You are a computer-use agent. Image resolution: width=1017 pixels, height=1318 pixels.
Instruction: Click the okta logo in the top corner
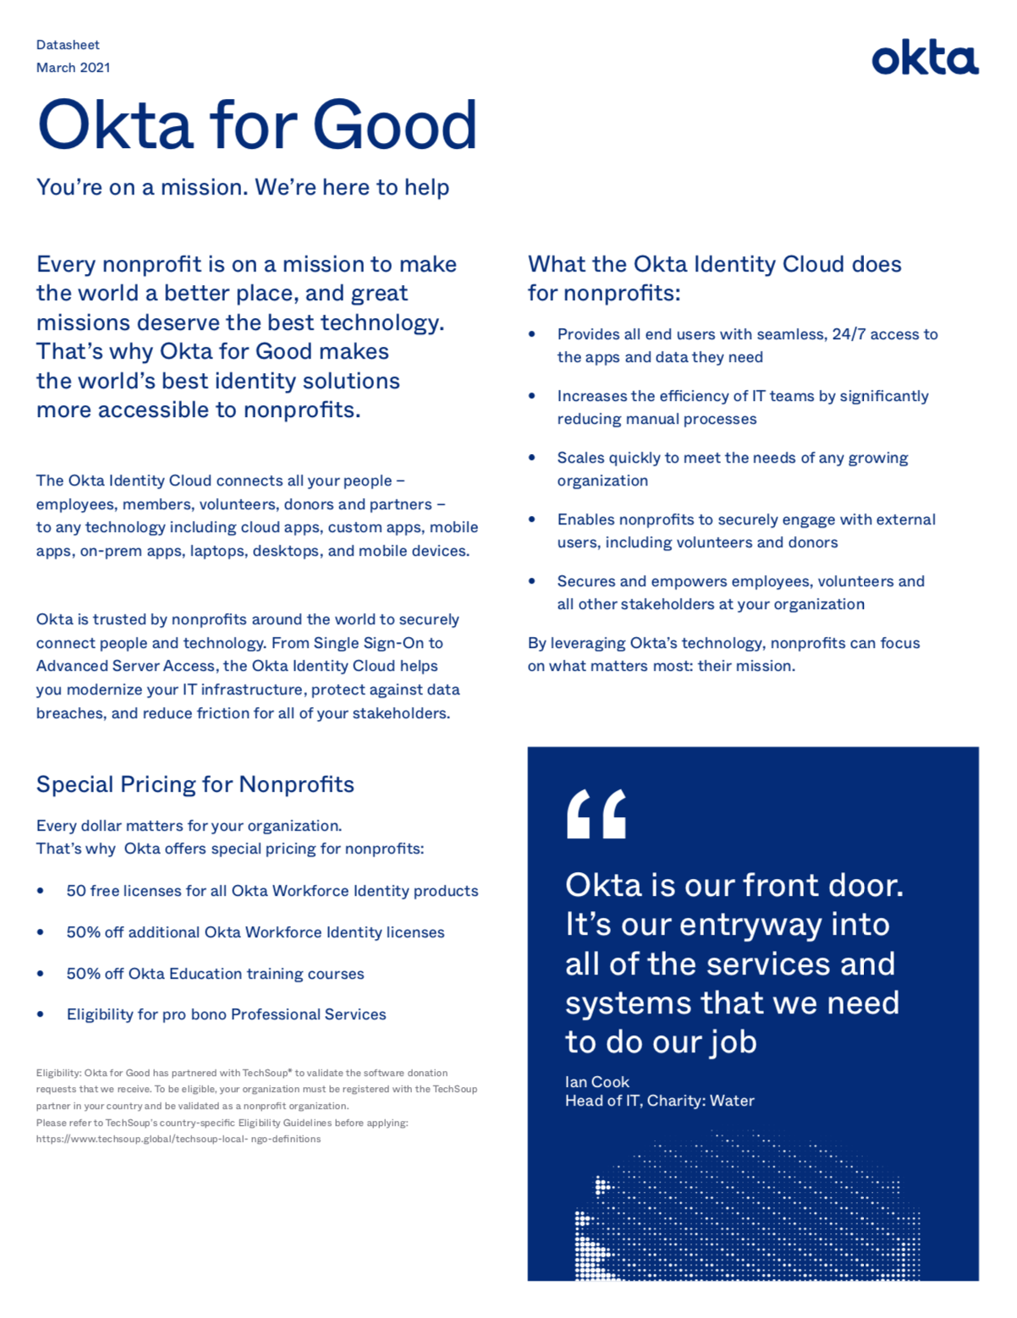point(925,59)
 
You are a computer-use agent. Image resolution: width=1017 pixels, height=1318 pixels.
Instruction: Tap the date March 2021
point(73,68)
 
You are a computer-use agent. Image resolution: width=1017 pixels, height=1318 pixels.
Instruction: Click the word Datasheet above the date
point(68,45)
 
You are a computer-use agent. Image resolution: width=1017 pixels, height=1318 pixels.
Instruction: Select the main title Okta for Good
point(257,125)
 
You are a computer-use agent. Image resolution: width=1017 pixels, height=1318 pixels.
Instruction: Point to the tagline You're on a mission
point(242,187)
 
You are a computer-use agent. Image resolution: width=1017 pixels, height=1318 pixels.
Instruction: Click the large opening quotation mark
point(596,814)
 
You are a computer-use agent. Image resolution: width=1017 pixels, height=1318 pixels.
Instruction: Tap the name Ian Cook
point(597,1082)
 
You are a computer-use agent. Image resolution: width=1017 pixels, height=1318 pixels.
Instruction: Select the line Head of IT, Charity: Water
point(660,1101)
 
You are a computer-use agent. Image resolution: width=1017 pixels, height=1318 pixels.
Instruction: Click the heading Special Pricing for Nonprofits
point(195,784)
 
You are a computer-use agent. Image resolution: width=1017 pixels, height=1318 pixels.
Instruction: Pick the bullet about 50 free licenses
point(272,891)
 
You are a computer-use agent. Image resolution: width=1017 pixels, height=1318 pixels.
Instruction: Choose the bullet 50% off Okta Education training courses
point(215,974)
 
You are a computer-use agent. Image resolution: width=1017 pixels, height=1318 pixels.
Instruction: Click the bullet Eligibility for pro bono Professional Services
point(226,1014)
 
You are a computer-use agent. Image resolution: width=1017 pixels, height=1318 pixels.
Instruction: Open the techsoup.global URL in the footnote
point(178,1140)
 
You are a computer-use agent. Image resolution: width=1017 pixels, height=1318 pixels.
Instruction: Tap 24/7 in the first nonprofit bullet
point(849,334)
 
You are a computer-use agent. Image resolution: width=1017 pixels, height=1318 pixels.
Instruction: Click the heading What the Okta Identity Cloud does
point(714,264)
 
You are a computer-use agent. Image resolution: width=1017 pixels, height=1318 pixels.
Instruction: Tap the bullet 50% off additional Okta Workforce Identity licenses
point(255,932)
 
